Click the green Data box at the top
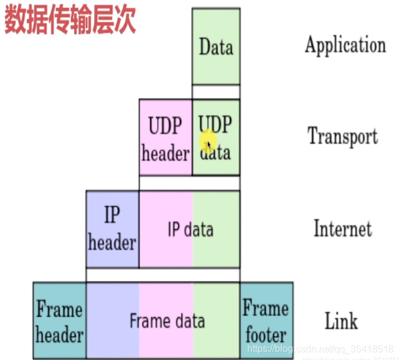click(x=216, y=47)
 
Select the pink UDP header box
click(x=165, y=137)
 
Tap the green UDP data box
click(x=216, y=137)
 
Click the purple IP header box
click(x=112, y=229)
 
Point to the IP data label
click(x=190, y=229)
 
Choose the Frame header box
click(x=59, y=321)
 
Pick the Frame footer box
click(x=266, y=321)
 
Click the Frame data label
click(x=167, y=321)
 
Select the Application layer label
click(x=345, y=45)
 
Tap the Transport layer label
click(x=342, y=137)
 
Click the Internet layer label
click(x=342, y=229)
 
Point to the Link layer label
click(x=341, y=321)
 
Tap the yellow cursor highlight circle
click(x=208, y=142)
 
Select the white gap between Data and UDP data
click(x=216, y=92)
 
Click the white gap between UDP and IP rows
click(x=189, y=183)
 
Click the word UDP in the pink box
click(x=165, y=127)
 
